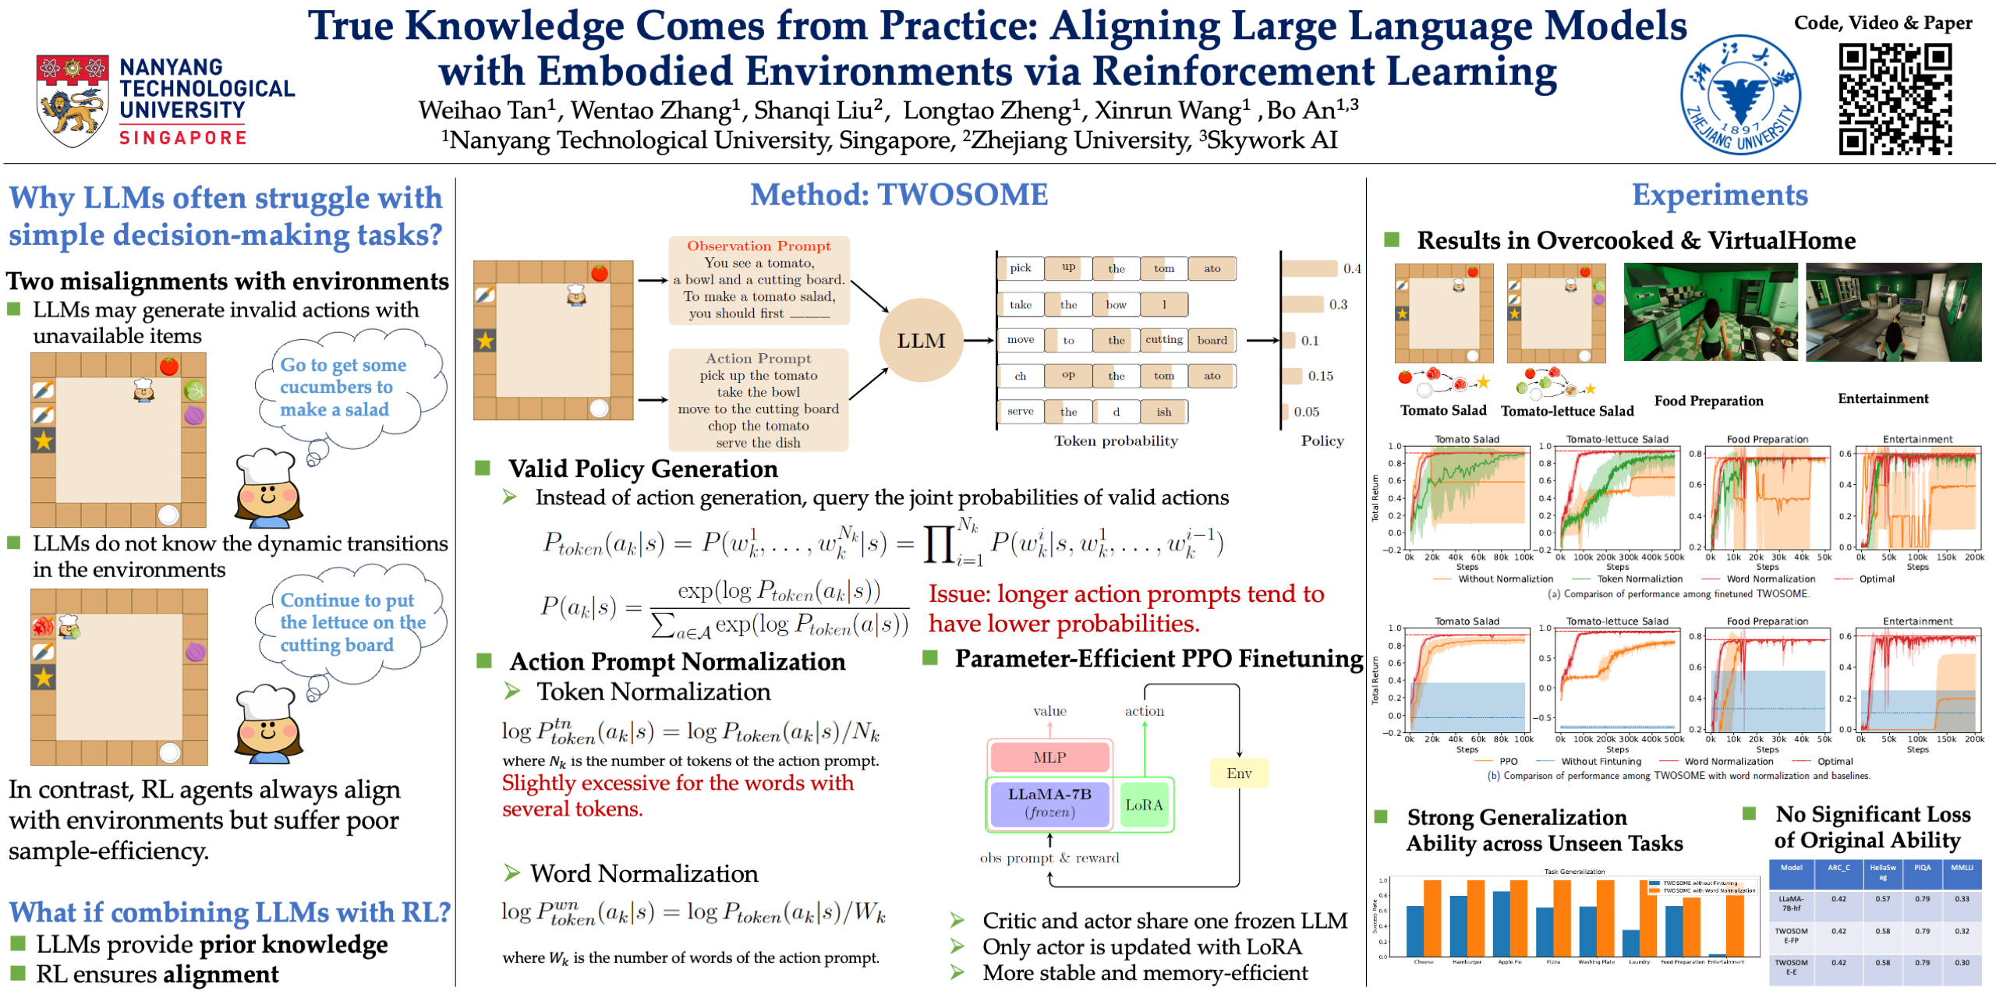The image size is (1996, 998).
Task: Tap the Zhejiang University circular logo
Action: [x=1740, y=95]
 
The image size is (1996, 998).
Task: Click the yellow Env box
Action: [x=1238, y=773]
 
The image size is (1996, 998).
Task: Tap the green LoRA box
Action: [x=1143, y=805]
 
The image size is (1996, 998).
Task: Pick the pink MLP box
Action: [x=1049, y=758]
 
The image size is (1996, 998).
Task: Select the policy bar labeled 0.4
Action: [x=1310, y=269]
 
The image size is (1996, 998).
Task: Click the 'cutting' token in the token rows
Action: [x=1163, y=340]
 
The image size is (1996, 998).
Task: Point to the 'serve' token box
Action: [x=1021, y=412]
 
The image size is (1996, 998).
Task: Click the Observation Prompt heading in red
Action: [x=759, y=246]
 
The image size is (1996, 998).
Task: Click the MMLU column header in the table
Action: [x=1962, y=868]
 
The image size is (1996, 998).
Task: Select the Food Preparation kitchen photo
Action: [x=1710, y=312]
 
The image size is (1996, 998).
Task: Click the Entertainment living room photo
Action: [x=1893, y=312]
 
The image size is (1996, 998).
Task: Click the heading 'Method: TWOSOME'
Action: [x=899, y=195]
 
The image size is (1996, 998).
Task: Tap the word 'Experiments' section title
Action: [x=1719, y=195]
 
